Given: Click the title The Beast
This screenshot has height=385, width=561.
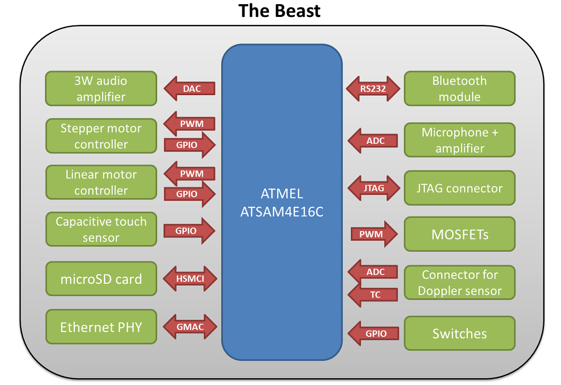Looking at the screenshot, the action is tap(279, 11).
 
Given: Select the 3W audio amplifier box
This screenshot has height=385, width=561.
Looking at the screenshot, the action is tap(101, 89).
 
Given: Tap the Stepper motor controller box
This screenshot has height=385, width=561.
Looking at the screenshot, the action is tap(101, 136).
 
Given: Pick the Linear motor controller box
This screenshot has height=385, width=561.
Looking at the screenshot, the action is tap(101, 182).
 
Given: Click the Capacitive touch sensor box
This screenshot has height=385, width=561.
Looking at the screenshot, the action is tap(101, 229).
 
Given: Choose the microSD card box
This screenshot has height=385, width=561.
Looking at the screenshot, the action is tap(101, 279).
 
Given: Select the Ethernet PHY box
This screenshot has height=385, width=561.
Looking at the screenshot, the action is tap(101, 327).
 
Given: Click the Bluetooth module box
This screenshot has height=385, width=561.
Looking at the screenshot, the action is tap(459, 89).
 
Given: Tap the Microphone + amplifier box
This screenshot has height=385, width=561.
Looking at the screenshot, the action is tap(459, 140).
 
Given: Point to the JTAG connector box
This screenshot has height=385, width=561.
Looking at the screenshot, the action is tap(459, 188).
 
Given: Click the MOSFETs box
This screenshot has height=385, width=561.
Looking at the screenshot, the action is tap(459, 234).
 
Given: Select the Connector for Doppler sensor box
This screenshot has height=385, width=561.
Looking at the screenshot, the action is tap(459, 282).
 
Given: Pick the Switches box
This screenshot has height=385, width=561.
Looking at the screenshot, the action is tap(459, 333).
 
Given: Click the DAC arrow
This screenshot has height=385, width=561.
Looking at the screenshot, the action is tap(189, 88).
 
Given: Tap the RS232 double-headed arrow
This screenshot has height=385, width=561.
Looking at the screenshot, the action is tap(373, 89).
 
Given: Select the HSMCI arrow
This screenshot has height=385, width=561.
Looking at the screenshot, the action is tap(190, 279).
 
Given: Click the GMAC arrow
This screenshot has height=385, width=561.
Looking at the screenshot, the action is tap(190, 327).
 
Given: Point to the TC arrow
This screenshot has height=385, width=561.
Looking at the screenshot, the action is tap(373, 295).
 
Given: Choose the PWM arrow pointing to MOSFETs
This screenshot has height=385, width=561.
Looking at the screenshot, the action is tap(374, 234).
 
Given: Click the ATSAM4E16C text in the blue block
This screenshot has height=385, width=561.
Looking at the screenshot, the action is tap(282, 212).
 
